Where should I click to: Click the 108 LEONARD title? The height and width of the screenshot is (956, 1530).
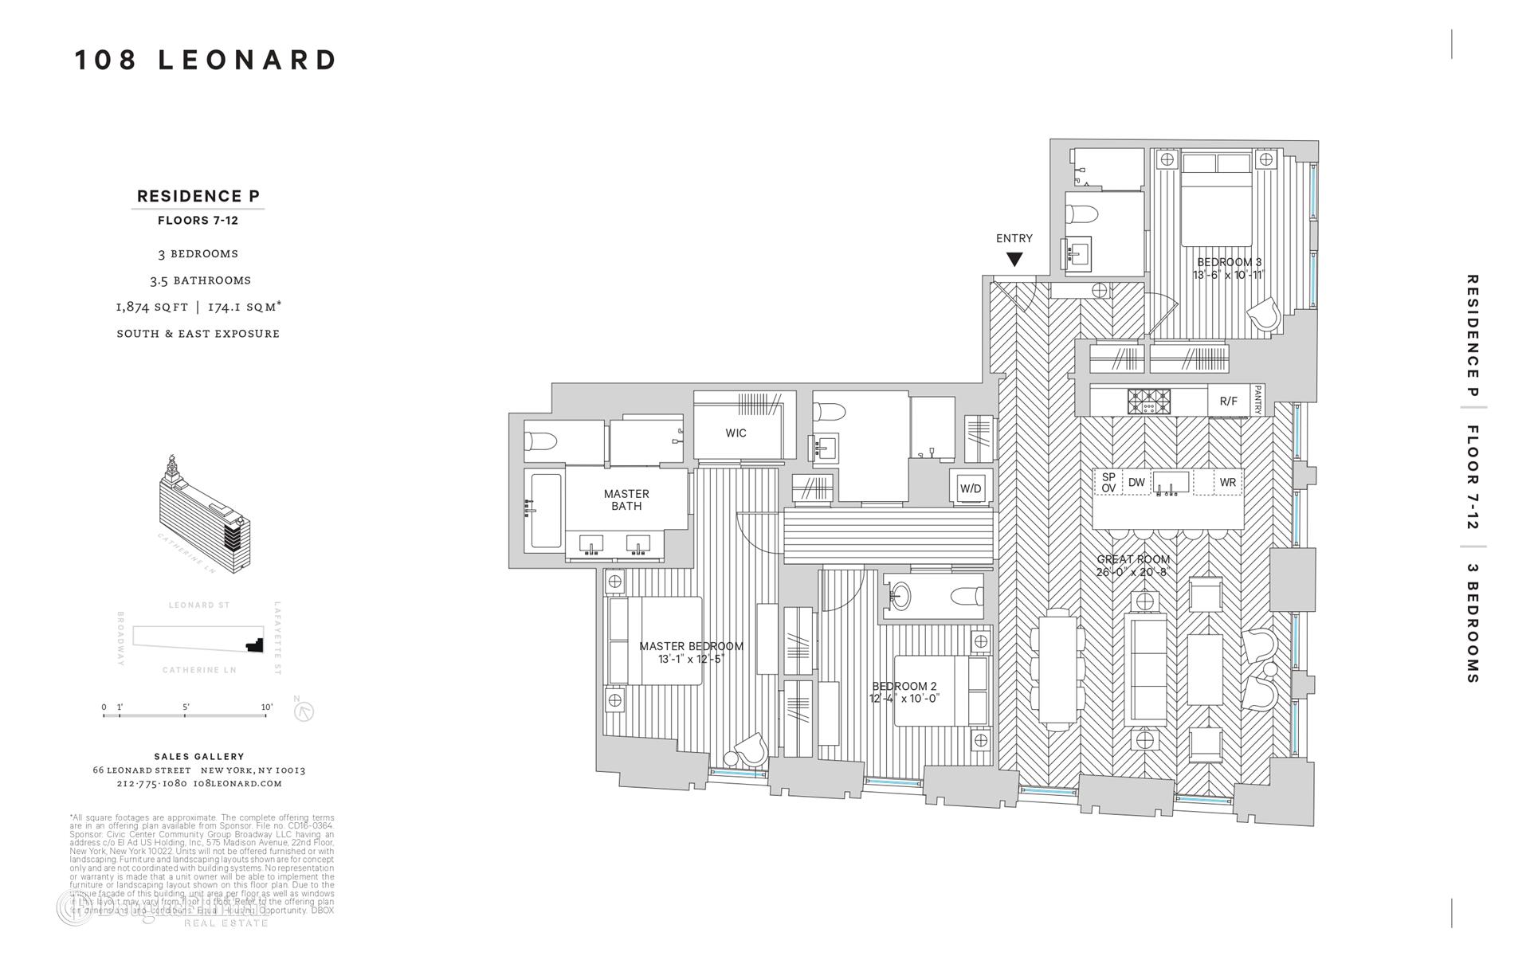coord(206,61)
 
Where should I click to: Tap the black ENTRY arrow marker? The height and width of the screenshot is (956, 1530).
coord(1014,259)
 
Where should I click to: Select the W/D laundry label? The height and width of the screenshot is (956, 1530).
coord(971,488)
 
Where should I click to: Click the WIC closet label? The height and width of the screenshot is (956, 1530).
coord(736,433)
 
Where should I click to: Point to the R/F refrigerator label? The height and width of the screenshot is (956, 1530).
coord(1228,401)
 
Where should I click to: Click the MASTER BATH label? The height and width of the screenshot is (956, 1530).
coord(626,500)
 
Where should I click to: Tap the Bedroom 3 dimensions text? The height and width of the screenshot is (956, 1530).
coord(1228,275)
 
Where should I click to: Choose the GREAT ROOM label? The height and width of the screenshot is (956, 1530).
coord(1133,559)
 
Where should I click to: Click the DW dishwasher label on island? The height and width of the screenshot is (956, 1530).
coord(1136,482)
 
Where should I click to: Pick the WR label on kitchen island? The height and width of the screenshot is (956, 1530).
coord(1227,482)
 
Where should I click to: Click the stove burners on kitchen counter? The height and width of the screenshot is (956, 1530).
coord(1148,400)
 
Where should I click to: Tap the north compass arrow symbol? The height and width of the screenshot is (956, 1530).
coord(304,711)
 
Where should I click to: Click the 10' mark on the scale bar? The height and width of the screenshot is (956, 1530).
coord(266,707)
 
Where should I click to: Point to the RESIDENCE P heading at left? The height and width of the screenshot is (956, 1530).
coord(198,196)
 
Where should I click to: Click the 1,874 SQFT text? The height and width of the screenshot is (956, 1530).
coord(151,307)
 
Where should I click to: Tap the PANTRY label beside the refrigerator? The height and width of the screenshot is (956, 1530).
coord(1257,400)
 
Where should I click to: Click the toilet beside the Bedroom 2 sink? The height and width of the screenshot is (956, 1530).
coord(966,596)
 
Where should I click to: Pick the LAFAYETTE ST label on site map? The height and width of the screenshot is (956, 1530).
coord(278,637)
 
